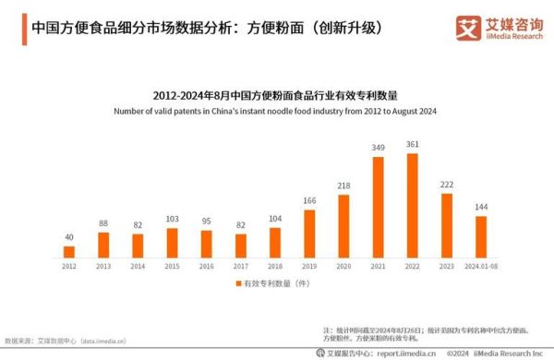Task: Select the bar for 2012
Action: pos(69,251)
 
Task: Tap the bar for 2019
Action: pos(309,234)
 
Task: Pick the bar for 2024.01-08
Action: pos(481,236)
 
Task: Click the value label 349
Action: pos(378,148)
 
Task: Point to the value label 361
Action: pos(412,144)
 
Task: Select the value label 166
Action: pos(309,200)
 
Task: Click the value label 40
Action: pos(69,236)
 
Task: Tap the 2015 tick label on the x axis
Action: pos(172,266)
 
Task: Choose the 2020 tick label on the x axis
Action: pos(343,266)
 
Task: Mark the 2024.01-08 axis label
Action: pos(481,266)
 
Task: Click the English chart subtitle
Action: pos(274,111)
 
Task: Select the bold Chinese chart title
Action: pos(274,96)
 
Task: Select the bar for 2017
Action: pos(240,245)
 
